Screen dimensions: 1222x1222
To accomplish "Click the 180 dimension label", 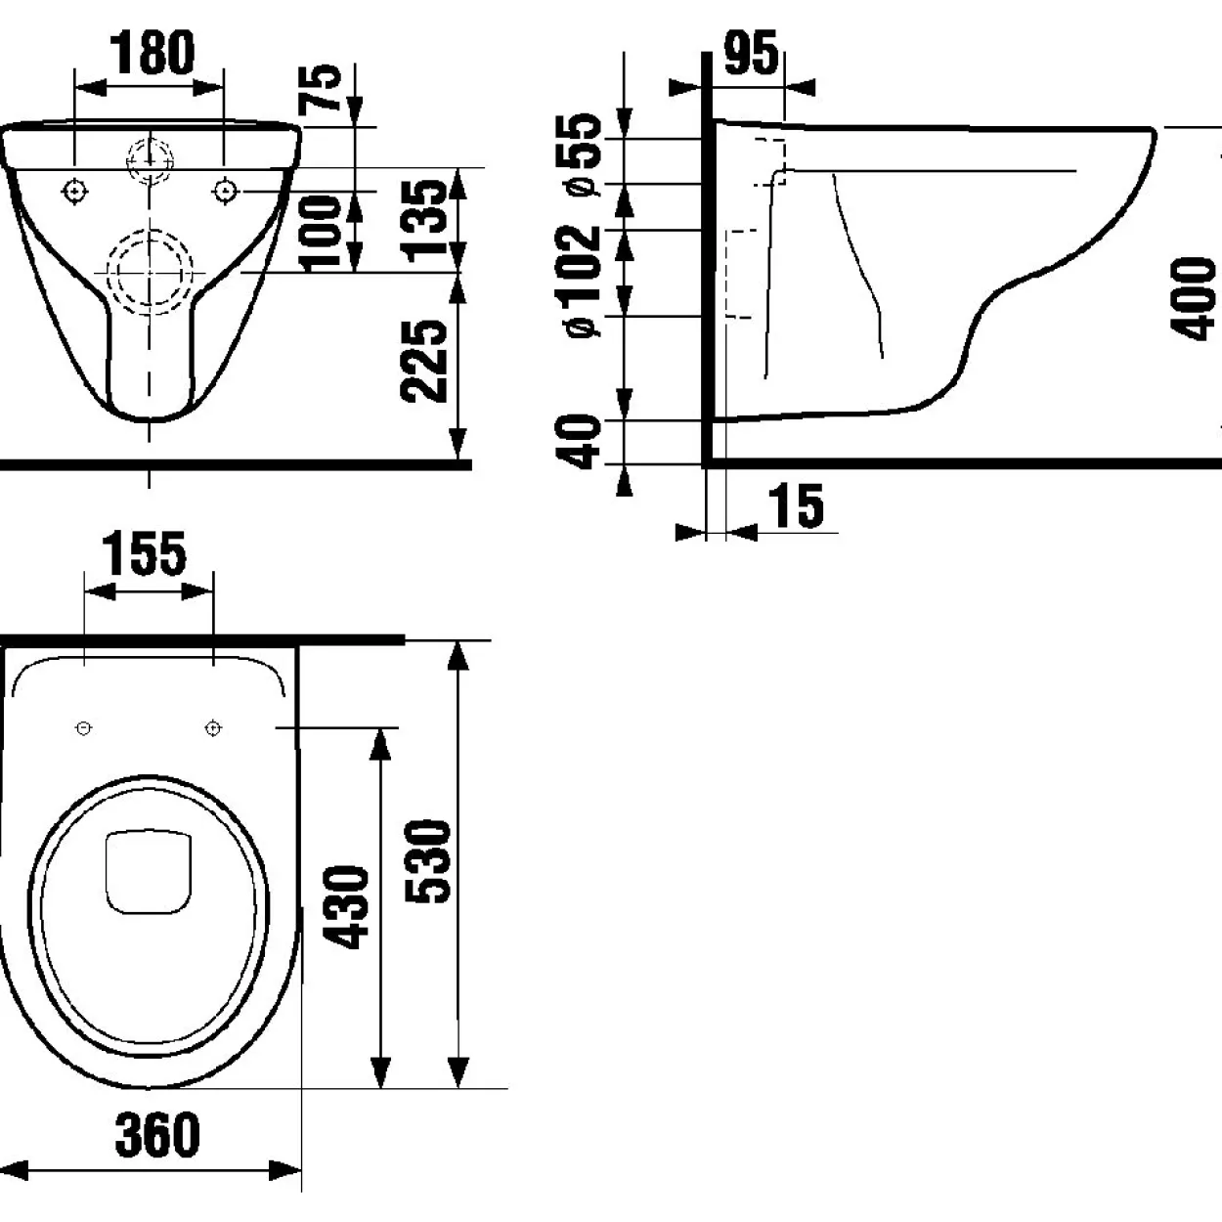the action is tap(153, 53).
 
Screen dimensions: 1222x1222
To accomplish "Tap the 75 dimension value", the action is tap(320, 89).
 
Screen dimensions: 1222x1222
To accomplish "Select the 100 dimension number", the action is tap(321, 234).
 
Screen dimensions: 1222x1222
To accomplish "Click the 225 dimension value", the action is tap(423, 361).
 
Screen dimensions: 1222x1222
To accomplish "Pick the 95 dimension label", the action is tap(751, 53).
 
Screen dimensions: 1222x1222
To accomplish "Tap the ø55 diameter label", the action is tap(579, 154).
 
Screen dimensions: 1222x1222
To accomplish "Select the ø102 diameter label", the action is tap(579, 281).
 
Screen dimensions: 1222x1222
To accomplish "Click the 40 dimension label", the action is tap(579, 441).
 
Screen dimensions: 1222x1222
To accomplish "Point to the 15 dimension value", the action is tap(797, 505).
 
